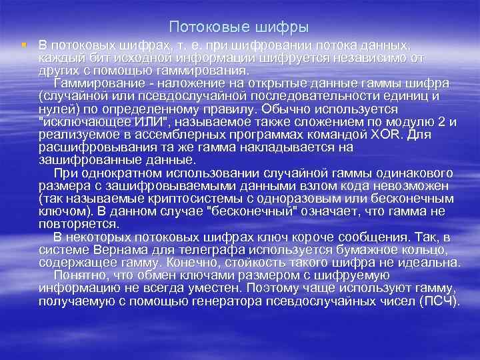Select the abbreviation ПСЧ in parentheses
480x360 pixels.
pos(441,300)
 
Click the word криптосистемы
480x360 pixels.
pos(178,199)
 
